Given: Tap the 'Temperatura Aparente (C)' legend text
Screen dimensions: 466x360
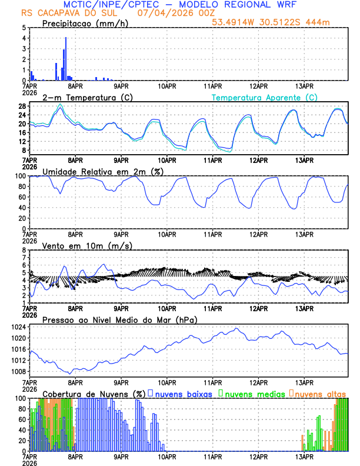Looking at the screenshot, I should (265, 97).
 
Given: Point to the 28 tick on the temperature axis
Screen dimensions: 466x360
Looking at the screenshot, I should (22, 106).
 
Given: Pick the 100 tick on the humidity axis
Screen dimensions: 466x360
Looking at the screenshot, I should (20, 176).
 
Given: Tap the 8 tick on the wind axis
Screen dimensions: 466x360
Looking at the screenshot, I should (24, 250).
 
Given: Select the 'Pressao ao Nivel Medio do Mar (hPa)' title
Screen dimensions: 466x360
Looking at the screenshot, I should (119, 319).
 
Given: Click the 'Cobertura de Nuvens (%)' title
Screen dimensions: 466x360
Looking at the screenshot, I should (94, 393).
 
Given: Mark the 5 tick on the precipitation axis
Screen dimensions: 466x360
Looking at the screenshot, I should (24, 27).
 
